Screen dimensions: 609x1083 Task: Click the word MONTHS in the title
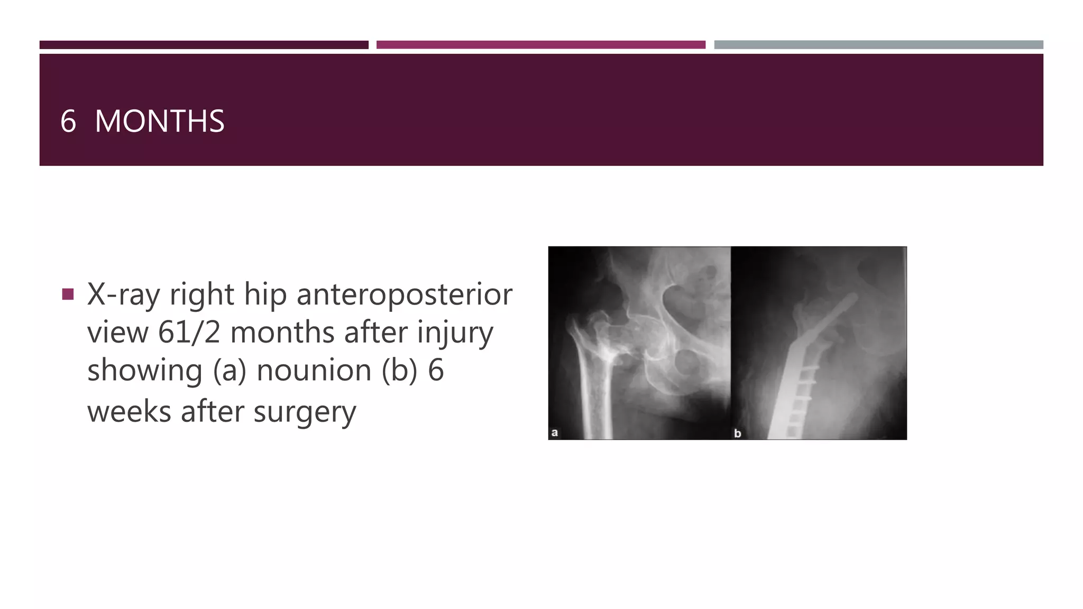(x=159, y=121)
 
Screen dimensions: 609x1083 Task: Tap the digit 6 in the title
(x=68, y=121)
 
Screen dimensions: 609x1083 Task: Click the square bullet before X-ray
(x=68, y=294)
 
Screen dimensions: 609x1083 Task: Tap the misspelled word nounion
(x=314, y=370)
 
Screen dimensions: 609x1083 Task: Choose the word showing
(x=144, y=370)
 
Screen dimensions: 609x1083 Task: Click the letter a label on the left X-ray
(x=554, y=432)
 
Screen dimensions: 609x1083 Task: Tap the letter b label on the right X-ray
(x=738, y=433)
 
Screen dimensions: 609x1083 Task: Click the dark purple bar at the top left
(x=204, y=45)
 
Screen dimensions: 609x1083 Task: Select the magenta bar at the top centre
(x=540, y=45)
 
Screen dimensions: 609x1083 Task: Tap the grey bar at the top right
(x=878, y=45)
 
